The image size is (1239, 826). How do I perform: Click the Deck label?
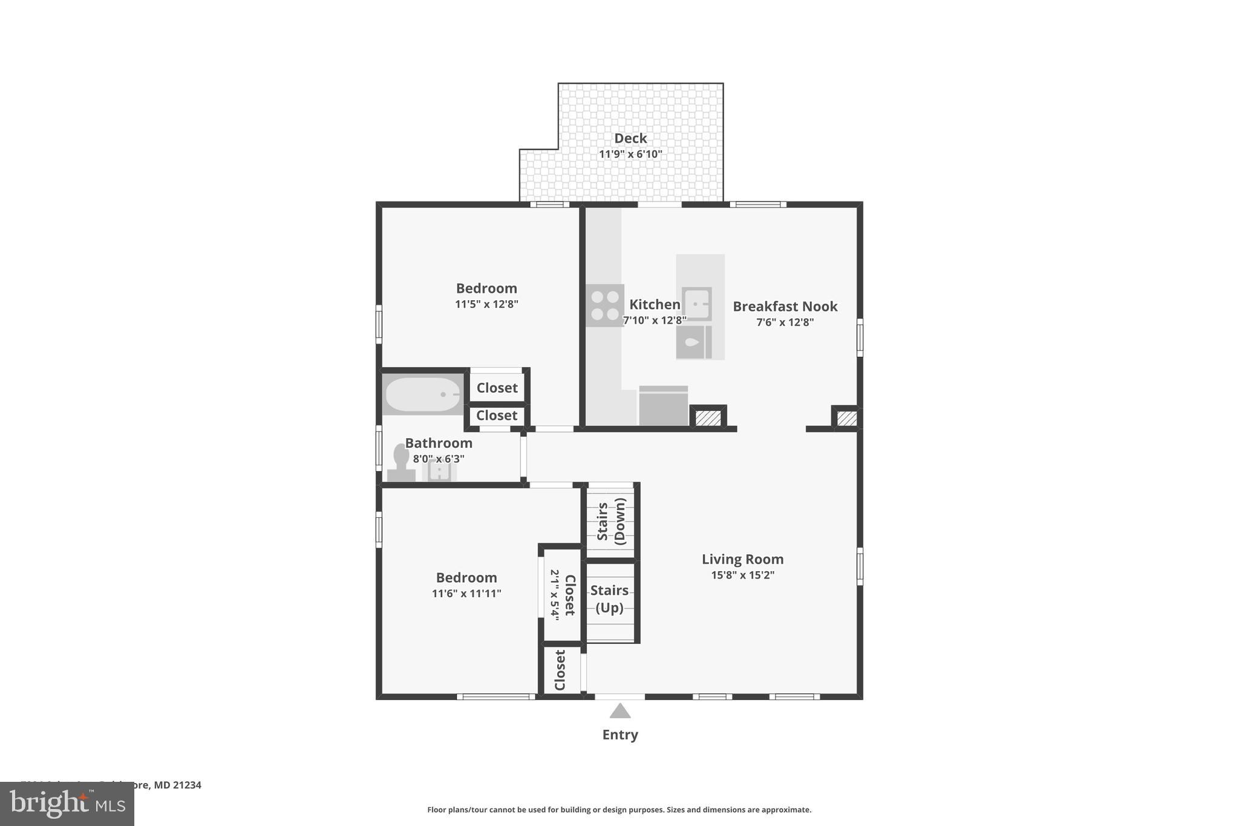[x=630, y=138]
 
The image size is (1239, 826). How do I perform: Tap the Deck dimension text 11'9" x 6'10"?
[x=630, y=154]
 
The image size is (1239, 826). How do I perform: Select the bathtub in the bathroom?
[x=423, y=395]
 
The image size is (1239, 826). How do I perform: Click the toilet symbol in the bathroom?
[x=400, y=462]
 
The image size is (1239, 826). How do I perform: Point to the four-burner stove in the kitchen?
[x=604, y=305]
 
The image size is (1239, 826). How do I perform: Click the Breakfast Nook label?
[x=785, y=306]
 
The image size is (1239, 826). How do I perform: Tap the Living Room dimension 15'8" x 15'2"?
[x=742, y=575]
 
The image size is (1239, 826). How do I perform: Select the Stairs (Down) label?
[x=611, y=521]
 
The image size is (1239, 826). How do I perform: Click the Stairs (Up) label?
[x=609, y=598]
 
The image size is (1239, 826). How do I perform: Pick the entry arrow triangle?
[x=619, y=711]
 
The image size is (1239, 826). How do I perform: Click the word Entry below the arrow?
[x=619, y=735]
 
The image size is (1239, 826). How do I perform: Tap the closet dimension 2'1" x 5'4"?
[x=555, y=595]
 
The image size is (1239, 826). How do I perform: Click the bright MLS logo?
[x=67, y=804]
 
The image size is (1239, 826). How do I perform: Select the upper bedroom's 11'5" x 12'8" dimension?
[x=486, y=304]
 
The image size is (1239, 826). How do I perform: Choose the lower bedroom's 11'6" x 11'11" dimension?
[x=466, y=594]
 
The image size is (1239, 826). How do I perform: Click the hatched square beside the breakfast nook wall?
[x=847, y=418]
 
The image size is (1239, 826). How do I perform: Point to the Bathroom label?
[x=438, y=443]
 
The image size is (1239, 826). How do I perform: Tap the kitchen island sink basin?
[x=696, y=303]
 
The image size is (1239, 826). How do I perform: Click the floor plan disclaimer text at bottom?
[x=619, y=810]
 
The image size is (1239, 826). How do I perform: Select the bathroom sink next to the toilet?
[x=439, y=471]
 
